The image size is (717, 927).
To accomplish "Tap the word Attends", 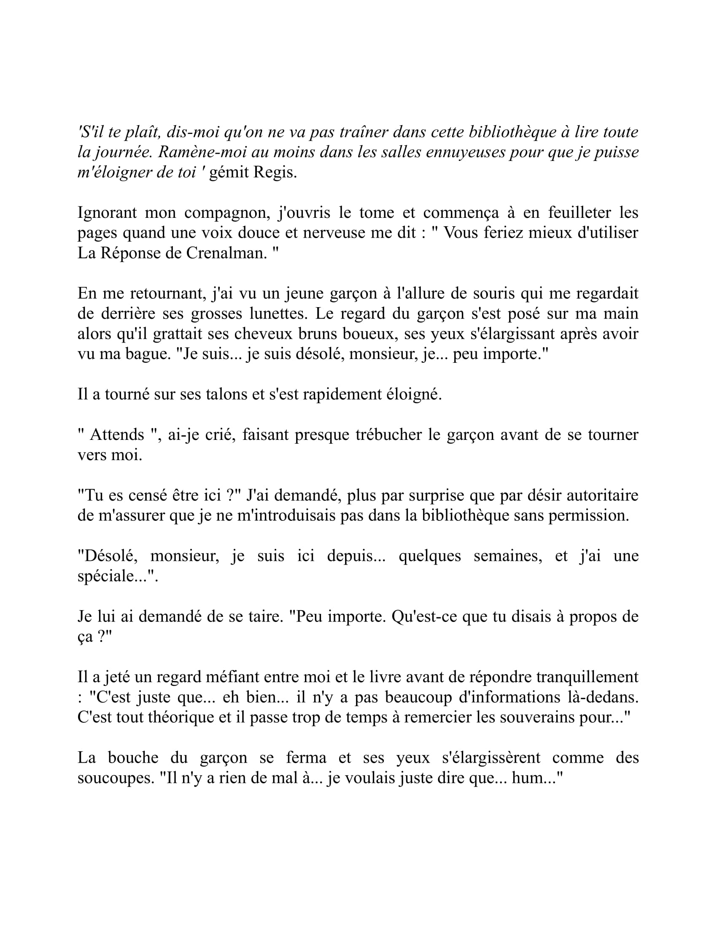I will (117, 435).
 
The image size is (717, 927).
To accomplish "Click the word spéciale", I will (111, 576).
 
